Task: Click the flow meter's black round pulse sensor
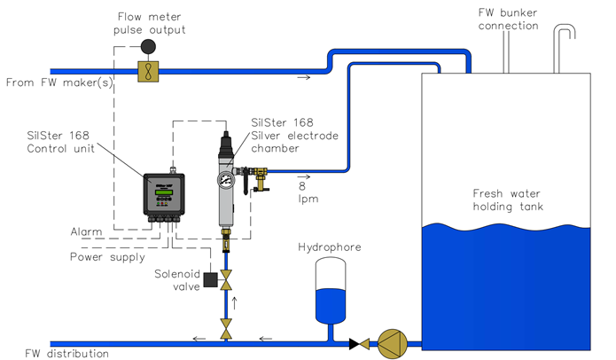coord(148,46)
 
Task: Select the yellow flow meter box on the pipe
coord(148,72)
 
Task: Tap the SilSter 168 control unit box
coord(164,194)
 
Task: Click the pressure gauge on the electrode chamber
coord(226,180)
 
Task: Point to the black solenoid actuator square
coord(211,279)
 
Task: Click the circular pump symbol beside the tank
coord(392,344)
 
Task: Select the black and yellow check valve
coord(359,344)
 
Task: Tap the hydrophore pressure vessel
coord(331,291)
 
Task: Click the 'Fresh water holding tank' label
coord(508,200)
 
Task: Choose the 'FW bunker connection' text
coord(509,19)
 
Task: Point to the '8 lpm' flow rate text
coord(308,192)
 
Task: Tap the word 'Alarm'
coord(87,231)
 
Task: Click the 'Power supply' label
coord(107,257)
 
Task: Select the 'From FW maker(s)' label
coord(59,82)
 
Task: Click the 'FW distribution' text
coord(66,353)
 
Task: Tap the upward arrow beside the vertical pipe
coord(235,303)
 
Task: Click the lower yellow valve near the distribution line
coord(226,329)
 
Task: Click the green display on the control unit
coord(163,192)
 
